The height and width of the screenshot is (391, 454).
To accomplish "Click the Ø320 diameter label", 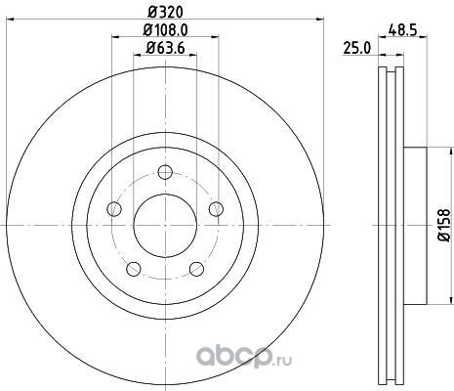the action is point(165,13).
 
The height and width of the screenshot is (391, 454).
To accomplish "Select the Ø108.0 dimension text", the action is point(165,30).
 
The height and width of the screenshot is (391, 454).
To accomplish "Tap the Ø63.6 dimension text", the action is point(165,48).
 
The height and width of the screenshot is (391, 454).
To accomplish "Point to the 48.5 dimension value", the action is point(402,30).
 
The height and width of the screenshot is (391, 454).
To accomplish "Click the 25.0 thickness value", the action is point(357,49).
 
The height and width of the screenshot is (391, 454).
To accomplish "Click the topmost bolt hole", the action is point(165,172).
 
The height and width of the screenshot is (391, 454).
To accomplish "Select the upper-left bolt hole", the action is point(114,208).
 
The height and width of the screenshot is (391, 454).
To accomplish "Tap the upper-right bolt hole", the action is point(216,208).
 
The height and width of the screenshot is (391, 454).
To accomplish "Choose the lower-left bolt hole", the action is point(134,269).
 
